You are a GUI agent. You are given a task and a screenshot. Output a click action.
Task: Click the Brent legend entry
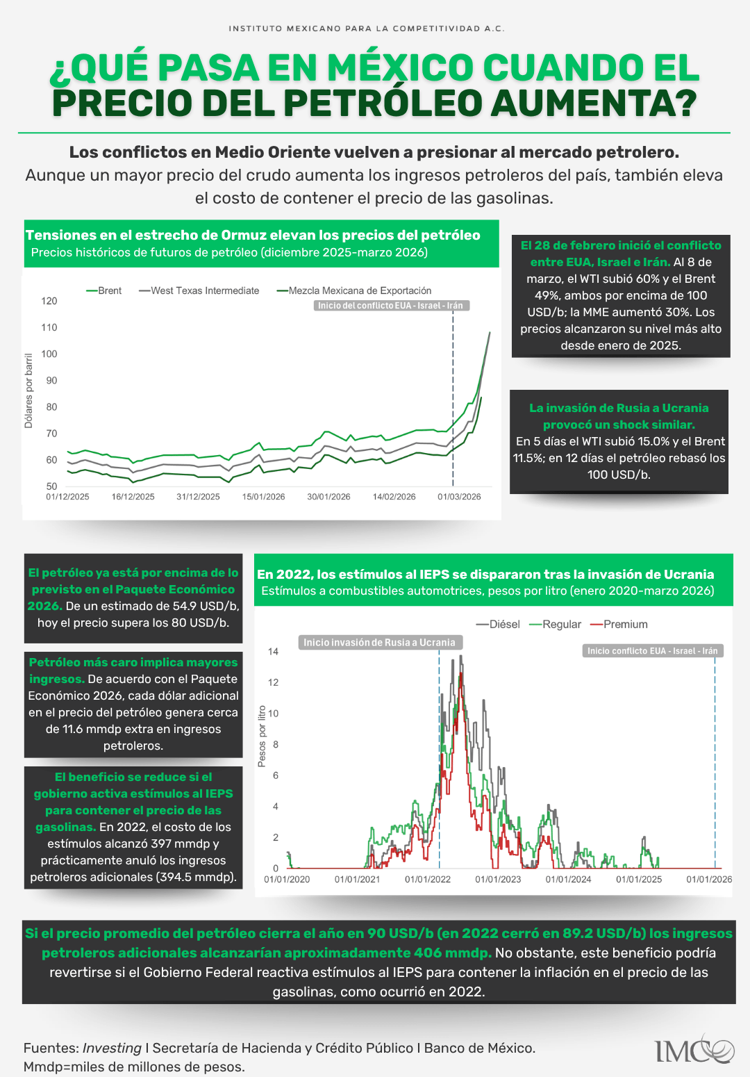(x=104, y=290)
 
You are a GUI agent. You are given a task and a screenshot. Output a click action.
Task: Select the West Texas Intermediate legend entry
(x=199, y=290)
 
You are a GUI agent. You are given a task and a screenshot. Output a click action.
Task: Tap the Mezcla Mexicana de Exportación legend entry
(x=354, y=290)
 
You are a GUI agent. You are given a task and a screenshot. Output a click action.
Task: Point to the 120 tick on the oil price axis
(x=49, y=301)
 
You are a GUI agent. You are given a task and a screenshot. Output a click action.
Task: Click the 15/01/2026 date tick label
(x=263, y=497)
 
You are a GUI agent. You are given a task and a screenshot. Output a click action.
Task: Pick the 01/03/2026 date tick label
(x=459, y=497)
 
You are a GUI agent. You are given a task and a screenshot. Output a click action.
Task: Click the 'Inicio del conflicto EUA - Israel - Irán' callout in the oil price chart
(x=392, y=306)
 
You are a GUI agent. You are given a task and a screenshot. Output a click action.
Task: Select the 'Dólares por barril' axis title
(x=28, y=390)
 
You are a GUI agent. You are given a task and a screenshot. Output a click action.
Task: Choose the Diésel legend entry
(x=498, y=624)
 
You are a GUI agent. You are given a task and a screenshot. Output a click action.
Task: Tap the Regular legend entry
(x=556, y=624)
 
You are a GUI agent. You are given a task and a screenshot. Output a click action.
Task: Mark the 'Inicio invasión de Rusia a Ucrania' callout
(x=379, y=643)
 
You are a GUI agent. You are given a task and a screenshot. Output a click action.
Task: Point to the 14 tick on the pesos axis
(x=273, y=652)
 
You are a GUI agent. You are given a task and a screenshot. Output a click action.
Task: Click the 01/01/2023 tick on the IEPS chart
(x=498, y=879)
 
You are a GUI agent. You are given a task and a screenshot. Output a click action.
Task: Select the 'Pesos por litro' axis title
(x=262, y=737)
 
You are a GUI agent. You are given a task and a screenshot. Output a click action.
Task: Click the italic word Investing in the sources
(x=112, y=1048)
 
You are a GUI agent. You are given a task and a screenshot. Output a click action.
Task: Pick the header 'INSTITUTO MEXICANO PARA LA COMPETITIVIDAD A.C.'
(x=367, y=28)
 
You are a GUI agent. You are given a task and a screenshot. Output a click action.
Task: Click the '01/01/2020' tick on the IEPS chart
(x=287, y=879)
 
